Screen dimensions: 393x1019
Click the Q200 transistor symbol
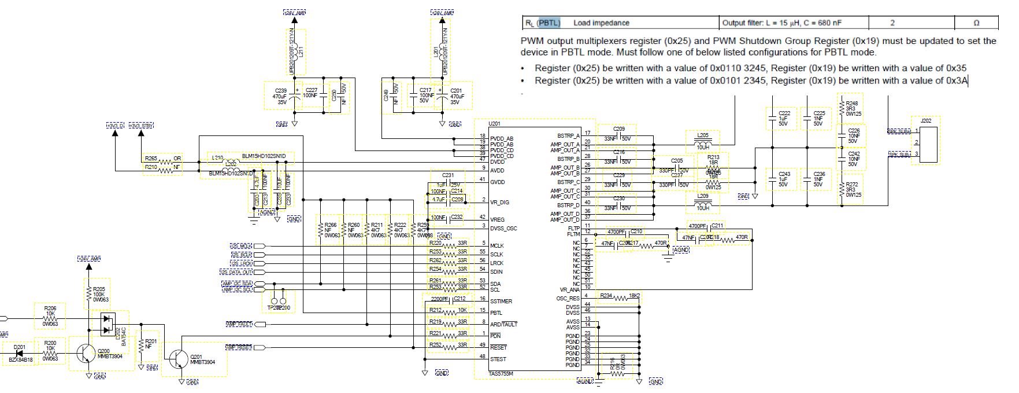tap(86, 351)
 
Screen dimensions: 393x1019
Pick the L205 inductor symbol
tap(702, 144)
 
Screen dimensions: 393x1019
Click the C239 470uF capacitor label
tap(280, 91)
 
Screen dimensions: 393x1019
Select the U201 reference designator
tap(494, 123)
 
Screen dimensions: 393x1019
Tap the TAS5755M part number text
tap(501, 374)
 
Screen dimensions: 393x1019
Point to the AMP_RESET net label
tap(239, 347)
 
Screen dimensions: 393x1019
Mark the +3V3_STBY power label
tap(141, 126)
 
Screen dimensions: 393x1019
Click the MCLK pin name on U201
tap(496, 246)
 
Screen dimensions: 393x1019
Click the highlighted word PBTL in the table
tap(549, 23)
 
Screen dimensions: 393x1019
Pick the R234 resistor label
tap(606, 296)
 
